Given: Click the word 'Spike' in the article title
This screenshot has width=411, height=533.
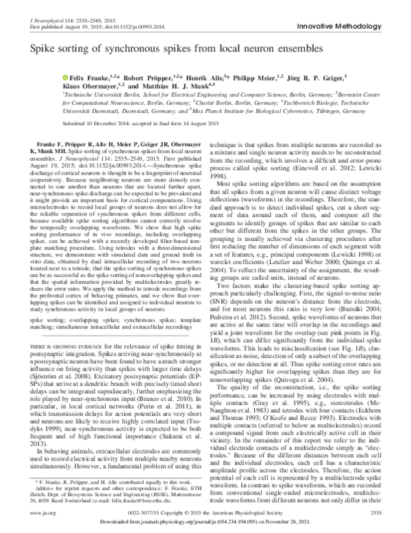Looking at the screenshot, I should (40, 50).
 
